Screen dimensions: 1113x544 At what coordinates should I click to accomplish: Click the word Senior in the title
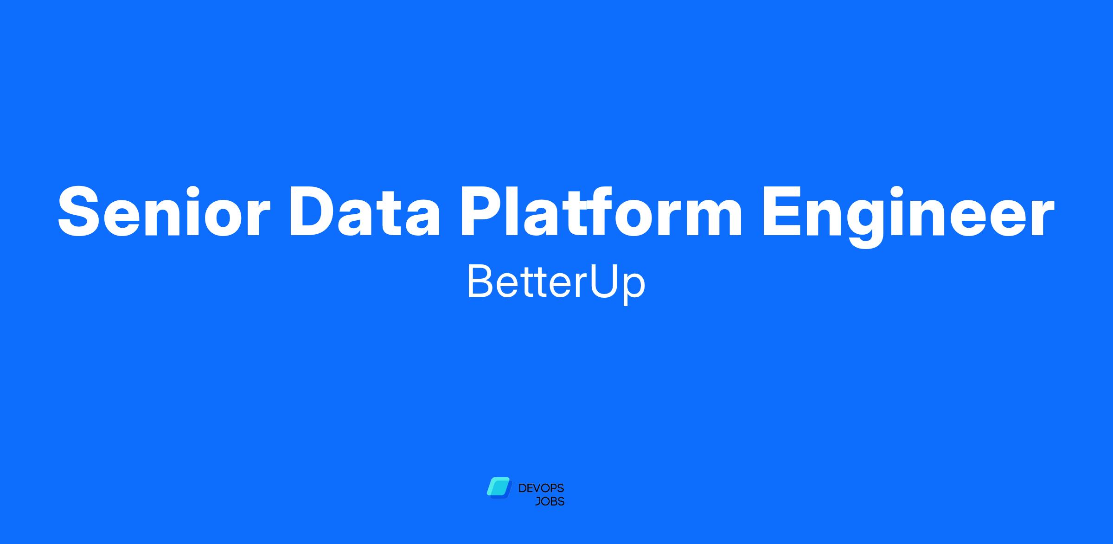pos(164,211)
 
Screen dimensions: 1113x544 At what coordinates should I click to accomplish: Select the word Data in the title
pos(364,211)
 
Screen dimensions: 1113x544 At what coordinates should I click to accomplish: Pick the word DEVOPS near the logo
pos(541,488)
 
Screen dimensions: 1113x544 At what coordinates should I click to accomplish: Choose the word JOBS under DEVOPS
pos(550,501)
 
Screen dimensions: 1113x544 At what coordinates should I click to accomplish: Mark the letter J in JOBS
pos(538,501)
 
